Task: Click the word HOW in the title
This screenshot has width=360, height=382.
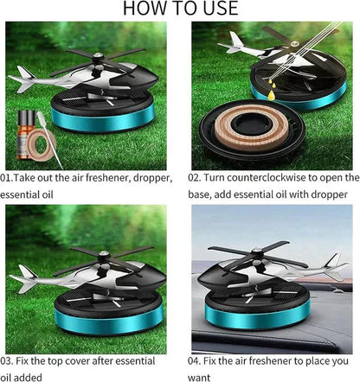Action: (142, 8)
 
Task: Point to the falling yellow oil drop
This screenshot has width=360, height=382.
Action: (271, 95)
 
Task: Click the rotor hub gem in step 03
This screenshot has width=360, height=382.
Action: (104, 254)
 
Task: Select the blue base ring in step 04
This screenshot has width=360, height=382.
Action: (257, 316)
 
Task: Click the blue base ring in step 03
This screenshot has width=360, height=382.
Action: (109, 322)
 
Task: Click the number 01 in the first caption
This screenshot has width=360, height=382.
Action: (5, 178)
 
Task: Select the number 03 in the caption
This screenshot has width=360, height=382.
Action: (6, 361)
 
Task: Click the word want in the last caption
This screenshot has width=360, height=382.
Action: (199, 378)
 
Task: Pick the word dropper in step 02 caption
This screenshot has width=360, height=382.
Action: (329, 195)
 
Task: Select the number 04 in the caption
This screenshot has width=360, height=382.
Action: (194, 361)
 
